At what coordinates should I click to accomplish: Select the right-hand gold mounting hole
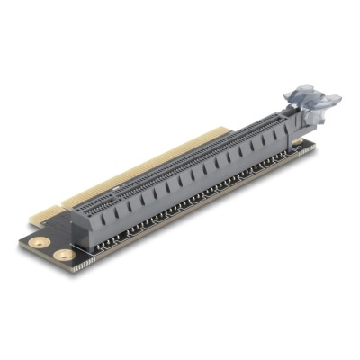tap(62, 256)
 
